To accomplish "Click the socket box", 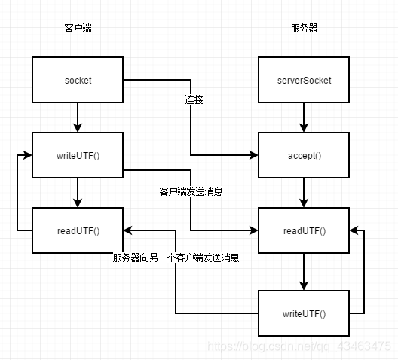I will click(x=77, y=80).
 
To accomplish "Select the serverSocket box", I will click(x=303, y=80).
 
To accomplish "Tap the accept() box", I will click(x=303, y=156).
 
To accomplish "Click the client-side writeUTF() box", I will click(x=77, y=156).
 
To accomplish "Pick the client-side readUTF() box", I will click(x=77, y=230).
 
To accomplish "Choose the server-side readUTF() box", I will click(x=303, y=230).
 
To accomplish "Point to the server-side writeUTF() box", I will click(x=303, y=313).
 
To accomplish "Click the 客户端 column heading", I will click(x=78, y=29).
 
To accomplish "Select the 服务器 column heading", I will click(x=303, y=29).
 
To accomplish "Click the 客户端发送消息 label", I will click(x=191, y=192).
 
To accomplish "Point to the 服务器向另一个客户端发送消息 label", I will click(x=176, y=258).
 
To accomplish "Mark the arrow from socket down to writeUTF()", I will click(x=77, y=117).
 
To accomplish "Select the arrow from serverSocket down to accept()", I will click(x=303, y=117).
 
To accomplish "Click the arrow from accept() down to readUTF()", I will click(x=303, y=192).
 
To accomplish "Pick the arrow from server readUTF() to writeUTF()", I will click(x=303, y=271).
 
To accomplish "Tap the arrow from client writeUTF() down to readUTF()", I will click(x=77, y=192).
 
